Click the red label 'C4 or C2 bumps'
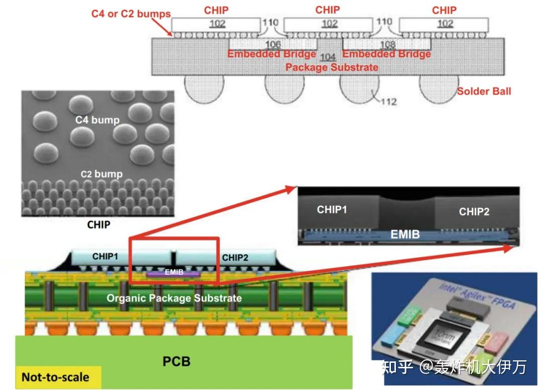(x=131, y=14)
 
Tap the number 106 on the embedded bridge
(x=273, y=45)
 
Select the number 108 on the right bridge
(x=388, y=45)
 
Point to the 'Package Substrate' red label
(x=332, y=67)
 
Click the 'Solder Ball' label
(x=484, y=91)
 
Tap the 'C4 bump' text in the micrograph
(x=98, y=120)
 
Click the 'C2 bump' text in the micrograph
(x=101, y=174)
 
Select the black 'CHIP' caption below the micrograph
(x=98, y=225)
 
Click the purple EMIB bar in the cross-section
(x=174, y=273)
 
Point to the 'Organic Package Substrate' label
(x=174, y=298)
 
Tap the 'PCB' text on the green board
(x=177, y=361)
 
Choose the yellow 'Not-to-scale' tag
(x=55, y=377)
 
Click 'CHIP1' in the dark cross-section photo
(x=332, y=209)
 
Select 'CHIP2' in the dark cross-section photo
(x=474, y=212)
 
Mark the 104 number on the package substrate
(x=328, y=57)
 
